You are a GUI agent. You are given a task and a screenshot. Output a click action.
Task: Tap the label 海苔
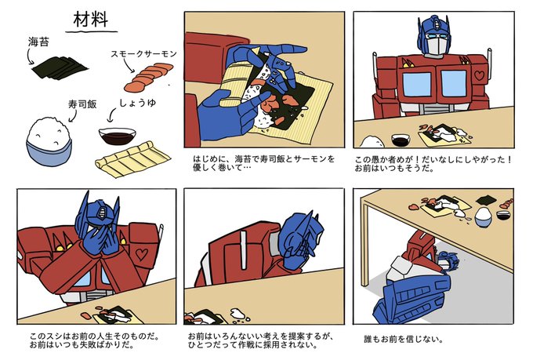tap(38, 42)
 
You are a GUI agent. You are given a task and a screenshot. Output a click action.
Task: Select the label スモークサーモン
tap(143, 54)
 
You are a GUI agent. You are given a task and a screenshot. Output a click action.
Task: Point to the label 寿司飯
tap(82, 104)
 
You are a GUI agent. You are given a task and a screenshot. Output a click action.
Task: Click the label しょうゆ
tap(138, 103)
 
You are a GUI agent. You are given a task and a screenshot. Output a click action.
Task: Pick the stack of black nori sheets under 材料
tap(60, 67)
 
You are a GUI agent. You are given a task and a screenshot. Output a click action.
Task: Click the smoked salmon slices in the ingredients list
tap(148, 77)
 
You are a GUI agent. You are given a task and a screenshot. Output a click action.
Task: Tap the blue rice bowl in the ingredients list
tap(49, 142)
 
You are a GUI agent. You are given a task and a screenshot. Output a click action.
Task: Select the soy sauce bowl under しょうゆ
tap(118, 136)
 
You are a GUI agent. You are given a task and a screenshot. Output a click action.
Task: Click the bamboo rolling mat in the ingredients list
tap(133, 159)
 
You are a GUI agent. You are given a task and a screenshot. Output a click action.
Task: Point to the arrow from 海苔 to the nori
tap(29, 56)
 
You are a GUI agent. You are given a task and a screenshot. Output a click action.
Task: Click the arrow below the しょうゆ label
tap(111, 115)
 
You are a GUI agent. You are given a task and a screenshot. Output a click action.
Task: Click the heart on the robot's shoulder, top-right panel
tap(479, 75)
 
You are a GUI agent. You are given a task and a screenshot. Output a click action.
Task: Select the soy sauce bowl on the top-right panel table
tap(401, 140)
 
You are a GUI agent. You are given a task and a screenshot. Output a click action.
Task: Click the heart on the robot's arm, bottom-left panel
tap(142, 254)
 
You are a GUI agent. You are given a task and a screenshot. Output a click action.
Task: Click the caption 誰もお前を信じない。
tap(403, 339)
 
